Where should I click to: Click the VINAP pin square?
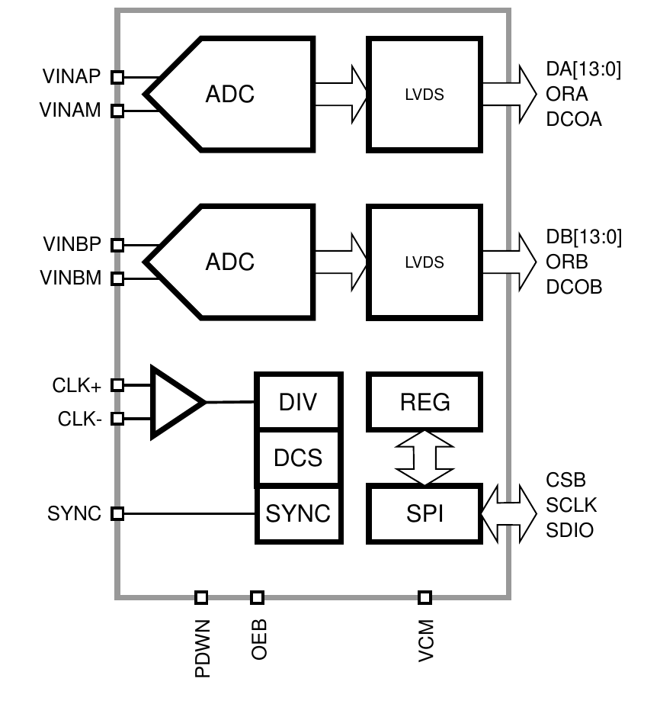point(117,77)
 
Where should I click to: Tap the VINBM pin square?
point(117,278)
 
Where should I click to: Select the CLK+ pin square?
point(117,385)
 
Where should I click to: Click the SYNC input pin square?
point(117,513)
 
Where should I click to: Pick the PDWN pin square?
point(201,597)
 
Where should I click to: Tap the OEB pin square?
point(257,597)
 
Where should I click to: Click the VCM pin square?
point(425,597)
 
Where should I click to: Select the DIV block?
point(299,401)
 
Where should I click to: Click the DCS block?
point(299,457)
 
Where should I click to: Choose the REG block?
point(425,402)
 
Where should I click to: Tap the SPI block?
point(425,513)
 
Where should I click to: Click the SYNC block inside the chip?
point(299,514)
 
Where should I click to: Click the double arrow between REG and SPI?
point(425,458)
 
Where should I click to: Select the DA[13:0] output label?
point(583,69)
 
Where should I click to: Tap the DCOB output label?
point(574,287)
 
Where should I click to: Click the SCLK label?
point(571,505)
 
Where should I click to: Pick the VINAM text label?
point(70,110)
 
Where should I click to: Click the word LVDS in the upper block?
point(425,95)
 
